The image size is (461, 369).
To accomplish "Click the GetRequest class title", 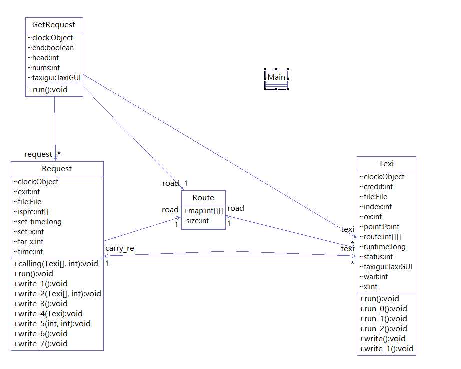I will tap(54, 24).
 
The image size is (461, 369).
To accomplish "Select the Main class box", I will tap(276, 77).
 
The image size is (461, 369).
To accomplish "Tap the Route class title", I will tap(203, 198).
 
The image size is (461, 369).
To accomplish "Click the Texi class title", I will tap(386, 163).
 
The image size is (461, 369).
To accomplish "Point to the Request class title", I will tap(57, 169).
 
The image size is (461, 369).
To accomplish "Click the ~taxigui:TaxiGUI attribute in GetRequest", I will tap(54, 78).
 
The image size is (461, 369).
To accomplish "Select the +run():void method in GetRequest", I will tap(48, 90).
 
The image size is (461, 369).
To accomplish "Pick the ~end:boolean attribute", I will tap(51, 48).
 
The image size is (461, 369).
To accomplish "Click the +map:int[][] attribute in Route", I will tap(203, 211).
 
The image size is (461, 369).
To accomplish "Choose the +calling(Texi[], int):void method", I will tap(56, 263).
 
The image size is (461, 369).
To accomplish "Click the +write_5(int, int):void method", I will tap(52, 323).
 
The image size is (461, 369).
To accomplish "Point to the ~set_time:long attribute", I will tap(38, 222).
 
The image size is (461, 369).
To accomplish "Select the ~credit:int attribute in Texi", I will tap(376, 187).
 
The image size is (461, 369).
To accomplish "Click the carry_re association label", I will tap(119, 248).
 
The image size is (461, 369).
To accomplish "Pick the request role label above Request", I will tap(38, 154).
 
